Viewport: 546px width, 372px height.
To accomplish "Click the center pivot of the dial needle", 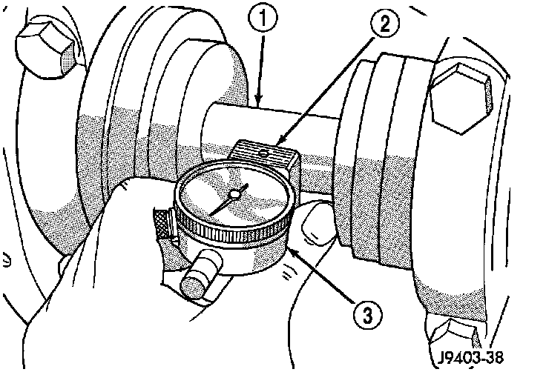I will (x=234, y=194).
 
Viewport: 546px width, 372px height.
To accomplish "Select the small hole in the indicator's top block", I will (x=265, y=153).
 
